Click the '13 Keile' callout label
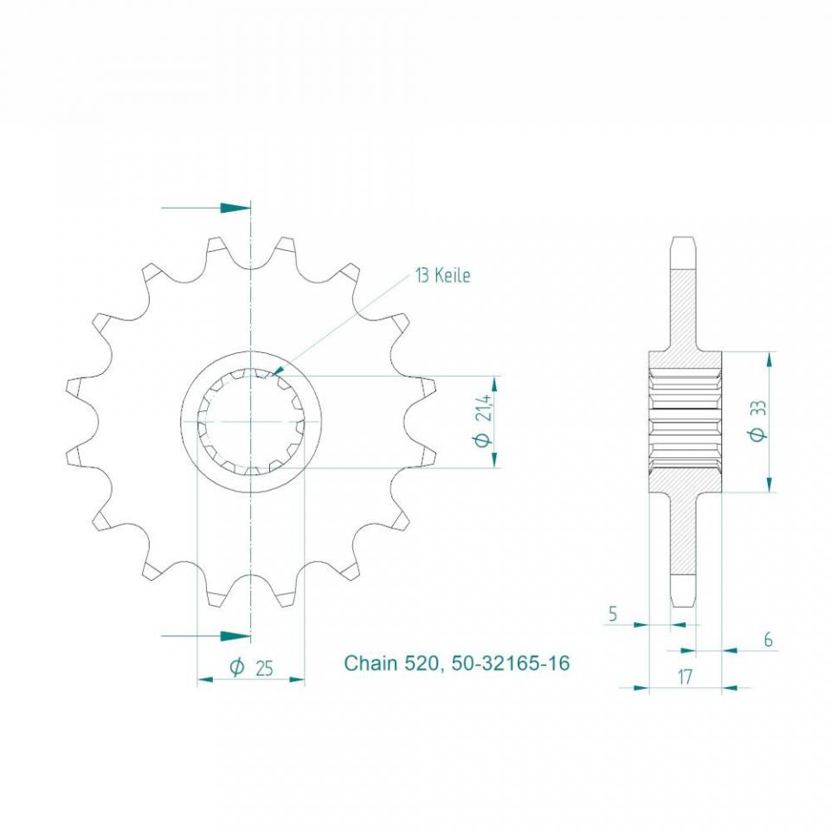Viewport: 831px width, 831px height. [x=442, y=276]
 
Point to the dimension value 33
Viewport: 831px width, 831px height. [x=759, y=408]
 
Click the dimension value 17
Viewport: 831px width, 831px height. [x=684, y=677]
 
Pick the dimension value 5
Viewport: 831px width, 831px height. [x=613, y=614]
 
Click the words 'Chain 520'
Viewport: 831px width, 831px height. [x=394, y=664]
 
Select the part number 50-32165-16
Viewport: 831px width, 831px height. [x=511, y=664]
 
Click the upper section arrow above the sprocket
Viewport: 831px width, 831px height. [x=234, y=208]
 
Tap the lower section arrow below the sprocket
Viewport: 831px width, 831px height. [x=234, y=636]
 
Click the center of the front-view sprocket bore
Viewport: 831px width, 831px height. [x=251, y=422]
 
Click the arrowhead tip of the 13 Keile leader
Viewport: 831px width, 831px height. [x=275, y=373]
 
